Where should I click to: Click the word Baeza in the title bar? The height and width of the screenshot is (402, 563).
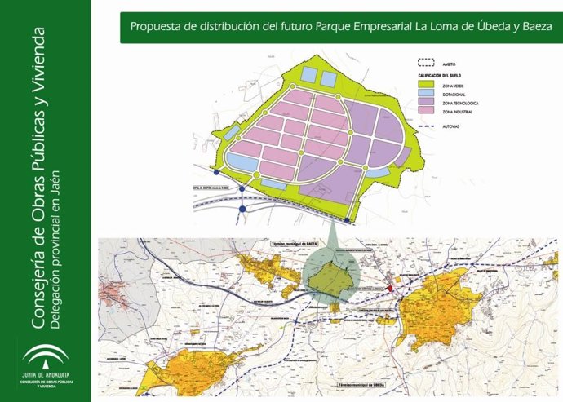point(534,26)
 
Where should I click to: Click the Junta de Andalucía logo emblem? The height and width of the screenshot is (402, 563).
point(46,356)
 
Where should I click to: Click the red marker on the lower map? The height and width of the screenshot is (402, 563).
point(389,288)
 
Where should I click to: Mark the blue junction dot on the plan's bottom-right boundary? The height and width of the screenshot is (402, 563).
point(348,220)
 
